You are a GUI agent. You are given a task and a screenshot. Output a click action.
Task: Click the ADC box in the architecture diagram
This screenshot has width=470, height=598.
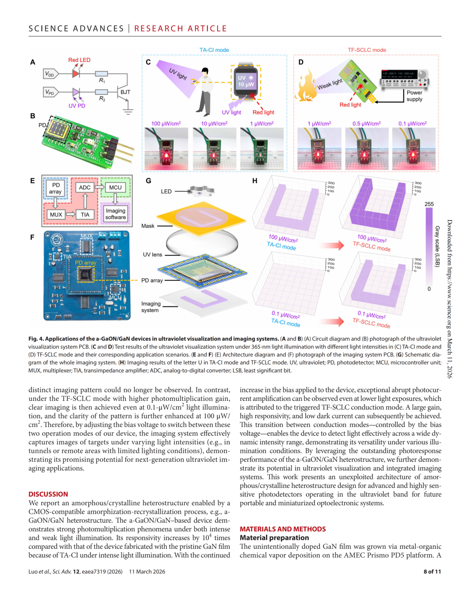(85, 188)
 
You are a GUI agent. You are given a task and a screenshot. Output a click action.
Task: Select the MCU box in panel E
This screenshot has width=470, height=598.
(115, 188)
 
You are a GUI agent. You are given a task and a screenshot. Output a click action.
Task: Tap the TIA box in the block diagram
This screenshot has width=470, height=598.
(85, 215)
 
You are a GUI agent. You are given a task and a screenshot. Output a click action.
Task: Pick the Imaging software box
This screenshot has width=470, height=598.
(115, 214)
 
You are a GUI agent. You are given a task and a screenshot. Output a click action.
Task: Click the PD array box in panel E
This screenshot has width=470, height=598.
(56, 188)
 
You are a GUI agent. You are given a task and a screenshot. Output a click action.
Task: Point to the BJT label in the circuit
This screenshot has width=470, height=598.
(125, 92)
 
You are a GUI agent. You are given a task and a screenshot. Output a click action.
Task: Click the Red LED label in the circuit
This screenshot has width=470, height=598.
(79, 60)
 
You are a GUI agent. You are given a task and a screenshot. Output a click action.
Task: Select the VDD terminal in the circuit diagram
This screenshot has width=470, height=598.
(50, 74)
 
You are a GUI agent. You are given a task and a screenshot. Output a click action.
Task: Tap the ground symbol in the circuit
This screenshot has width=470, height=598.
(128, 111)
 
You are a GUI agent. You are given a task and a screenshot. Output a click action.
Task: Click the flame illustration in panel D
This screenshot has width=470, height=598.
(306, 86)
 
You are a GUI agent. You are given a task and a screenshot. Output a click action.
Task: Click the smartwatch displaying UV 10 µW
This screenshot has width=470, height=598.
(246, 81)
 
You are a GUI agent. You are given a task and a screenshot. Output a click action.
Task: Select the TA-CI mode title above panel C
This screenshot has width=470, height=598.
(214, 50)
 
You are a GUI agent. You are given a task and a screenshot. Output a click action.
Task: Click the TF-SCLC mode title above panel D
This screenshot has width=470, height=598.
(367, 50)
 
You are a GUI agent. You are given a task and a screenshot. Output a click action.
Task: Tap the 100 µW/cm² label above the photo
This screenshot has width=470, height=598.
(166, 124)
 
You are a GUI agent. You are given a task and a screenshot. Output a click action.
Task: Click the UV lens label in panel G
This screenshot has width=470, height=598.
(152, 255)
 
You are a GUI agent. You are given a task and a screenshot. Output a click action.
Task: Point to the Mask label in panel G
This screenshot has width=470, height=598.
(148, 226)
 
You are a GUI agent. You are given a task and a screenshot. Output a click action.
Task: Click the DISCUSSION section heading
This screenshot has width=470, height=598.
(48, 494)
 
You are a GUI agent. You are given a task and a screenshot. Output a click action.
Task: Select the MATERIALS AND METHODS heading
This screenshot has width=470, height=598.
(283, 529)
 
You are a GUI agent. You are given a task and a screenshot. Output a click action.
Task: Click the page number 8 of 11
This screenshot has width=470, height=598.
(432, 571)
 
